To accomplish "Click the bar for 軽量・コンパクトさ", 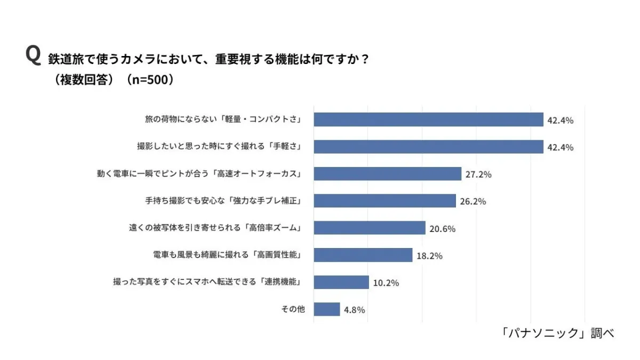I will pyautogui.click(x=428, y=119).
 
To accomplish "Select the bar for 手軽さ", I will pyautogui.click(x=428, y=147).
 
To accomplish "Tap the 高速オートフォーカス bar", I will pyautogui.click(x=387, y=174).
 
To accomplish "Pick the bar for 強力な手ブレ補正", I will pyautogui.click(x=385, y=201).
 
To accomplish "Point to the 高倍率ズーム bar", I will pyautogui.click(x=369, y=228).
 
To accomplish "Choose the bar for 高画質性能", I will pyautogui.click(x=363, y=255).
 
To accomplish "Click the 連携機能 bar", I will pyautogui.click(x=341, y=282).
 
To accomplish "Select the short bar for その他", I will pyautogui.click(x=326, y=309).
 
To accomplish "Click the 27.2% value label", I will pyautogui.click(x=478, y=174).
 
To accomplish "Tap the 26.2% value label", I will pyautogui.click(x=473, y=202).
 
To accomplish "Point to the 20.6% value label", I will pyautogui.click(x=442, y=229).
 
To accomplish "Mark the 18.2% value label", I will pyautogui.click(x=429, y=256).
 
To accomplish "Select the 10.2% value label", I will pyautogui.click(x=386, y=283).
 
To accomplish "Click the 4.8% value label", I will pyautogui.click(x=354, y=310).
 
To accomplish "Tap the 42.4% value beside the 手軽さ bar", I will pyautogui.click(x=560, y=148).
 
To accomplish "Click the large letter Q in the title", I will pyautogui.click(x=33, y=55).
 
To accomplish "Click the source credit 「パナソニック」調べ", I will pyautogui.click(x=558, y=333).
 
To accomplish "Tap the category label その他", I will pyautogui.click(x=293, y=309).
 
